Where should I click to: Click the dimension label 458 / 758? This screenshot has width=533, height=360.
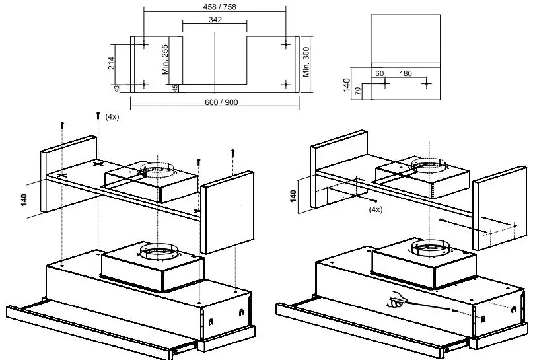tap(215, 7)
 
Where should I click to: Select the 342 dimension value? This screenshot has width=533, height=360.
tap(215, 20)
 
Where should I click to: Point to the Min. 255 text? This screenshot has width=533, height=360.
tap(166, 60)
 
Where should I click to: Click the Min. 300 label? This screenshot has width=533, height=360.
tap(306, 61)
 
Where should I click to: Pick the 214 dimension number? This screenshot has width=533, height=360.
tap(112, 63)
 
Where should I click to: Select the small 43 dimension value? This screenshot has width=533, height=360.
tap(117, 88)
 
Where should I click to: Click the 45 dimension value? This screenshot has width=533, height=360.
tap(174, 88)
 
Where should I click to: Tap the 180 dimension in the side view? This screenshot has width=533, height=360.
tap(405, 73)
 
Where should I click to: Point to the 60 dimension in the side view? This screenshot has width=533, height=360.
tap(379, 73)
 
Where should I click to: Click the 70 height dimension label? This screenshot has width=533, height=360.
tap(357, 91)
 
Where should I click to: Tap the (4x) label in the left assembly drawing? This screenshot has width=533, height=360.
tap(112, 116)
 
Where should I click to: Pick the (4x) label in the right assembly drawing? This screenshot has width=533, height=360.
tap(375, 209)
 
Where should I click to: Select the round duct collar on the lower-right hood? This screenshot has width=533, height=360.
tap(429, 250)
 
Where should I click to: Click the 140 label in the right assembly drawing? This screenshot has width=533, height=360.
tap(293, 196)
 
